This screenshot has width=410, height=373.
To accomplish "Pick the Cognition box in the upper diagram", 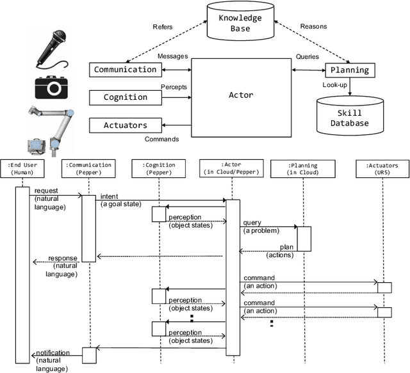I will [125, 97].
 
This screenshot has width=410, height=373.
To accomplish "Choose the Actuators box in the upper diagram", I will [125, 125].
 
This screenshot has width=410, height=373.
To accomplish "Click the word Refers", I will [163, 28].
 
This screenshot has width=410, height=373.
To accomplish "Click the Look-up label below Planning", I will [335, 84].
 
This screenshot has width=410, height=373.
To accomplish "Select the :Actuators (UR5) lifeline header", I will [383, 168].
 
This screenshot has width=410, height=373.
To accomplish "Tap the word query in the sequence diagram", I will [251, 223].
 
